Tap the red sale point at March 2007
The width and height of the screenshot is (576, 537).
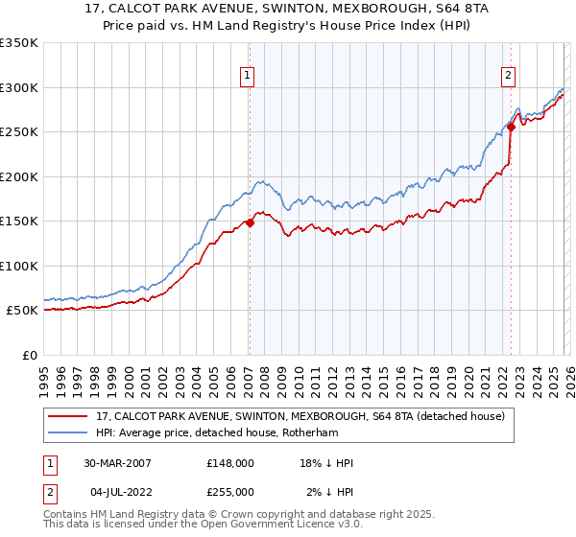click(250, 222)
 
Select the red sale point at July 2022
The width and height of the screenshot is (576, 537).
click(511, 127)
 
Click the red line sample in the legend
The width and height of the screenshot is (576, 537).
click(68, 416)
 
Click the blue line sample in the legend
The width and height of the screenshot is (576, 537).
click(68, 432)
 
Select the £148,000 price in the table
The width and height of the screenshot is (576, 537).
click(229, 463)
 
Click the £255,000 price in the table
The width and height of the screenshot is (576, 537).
click(229, 492)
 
